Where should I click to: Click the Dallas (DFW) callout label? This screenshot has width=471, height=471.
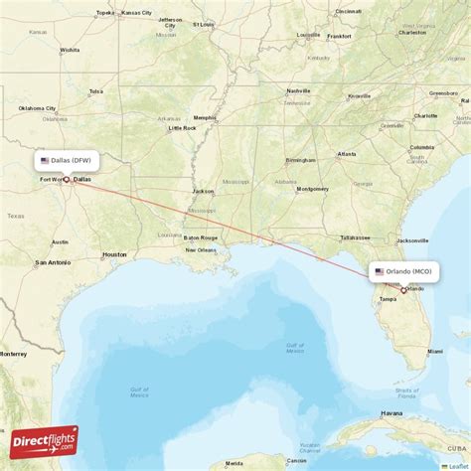pyautogui.click(x=68, y=160)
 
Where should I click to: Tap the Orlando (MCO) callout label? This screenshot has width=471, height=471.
pyautogui.click(x=403, y=270)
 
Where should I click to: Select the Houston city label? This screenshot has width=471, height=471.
pyautogui.click(x=114, y=254)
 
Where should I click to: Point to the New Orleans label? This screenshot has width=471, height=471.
pyautogui.click(x=200, y=249)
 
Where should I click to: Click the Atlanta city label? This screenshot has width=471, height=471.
pyautogui.click(x=347, y=154)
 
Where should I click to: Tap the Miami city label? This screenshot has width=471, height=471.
pyautogui.click(x=436, y=352)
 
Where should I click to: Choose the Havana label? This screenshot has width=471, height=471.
pyautogui.click(x=392, y=413)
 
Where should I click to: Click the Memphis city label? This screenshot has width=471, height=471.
pyautogui.click(x=205, y=117)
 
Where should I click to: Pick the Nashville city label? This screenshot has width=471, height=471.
pyautogui.click(x=298, y=90)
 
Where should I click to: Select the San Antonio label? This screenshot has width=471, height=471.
pyautogui.click(x=52, y=262)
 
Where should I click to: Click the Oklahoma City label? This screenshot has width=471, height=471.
pyautogui.click(x=38, y=108)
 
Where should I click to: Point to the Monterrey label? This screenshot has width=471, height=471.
pyautogui.click(x=13, y=353)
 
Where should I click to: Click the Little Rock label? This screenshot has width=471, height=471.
pyautogui.click(x=182, y=128)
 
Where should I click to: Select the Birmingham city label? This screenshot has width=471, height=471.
pyautogui.click(x=300, y=159)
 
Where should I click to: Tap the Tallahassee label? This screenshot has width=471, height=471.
pyautogui.click(x=355, y=237)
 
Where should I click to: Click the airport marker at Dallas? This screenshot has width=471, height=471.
pyautogui.click(x=67, y=181)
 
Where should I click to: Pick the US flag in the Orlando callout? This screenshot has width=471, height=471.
pyautogui.click(x=379, y=270)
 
